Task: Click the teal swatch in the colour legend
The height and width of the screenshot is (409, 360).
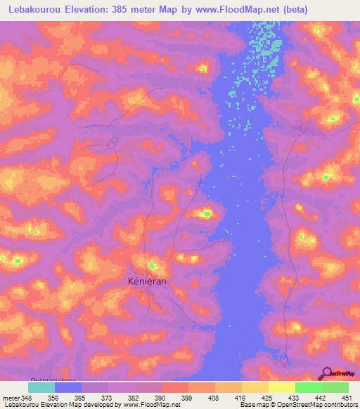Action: tap(41, 387)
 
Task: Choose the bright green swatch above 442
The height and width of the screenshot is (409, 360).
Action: tap(308, 387)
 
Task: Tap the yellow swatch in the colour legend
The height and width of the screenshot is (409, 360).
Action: tap(281, 387)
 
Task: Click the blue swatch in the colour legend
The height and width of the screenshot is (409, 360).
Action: tap(68, 387)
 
